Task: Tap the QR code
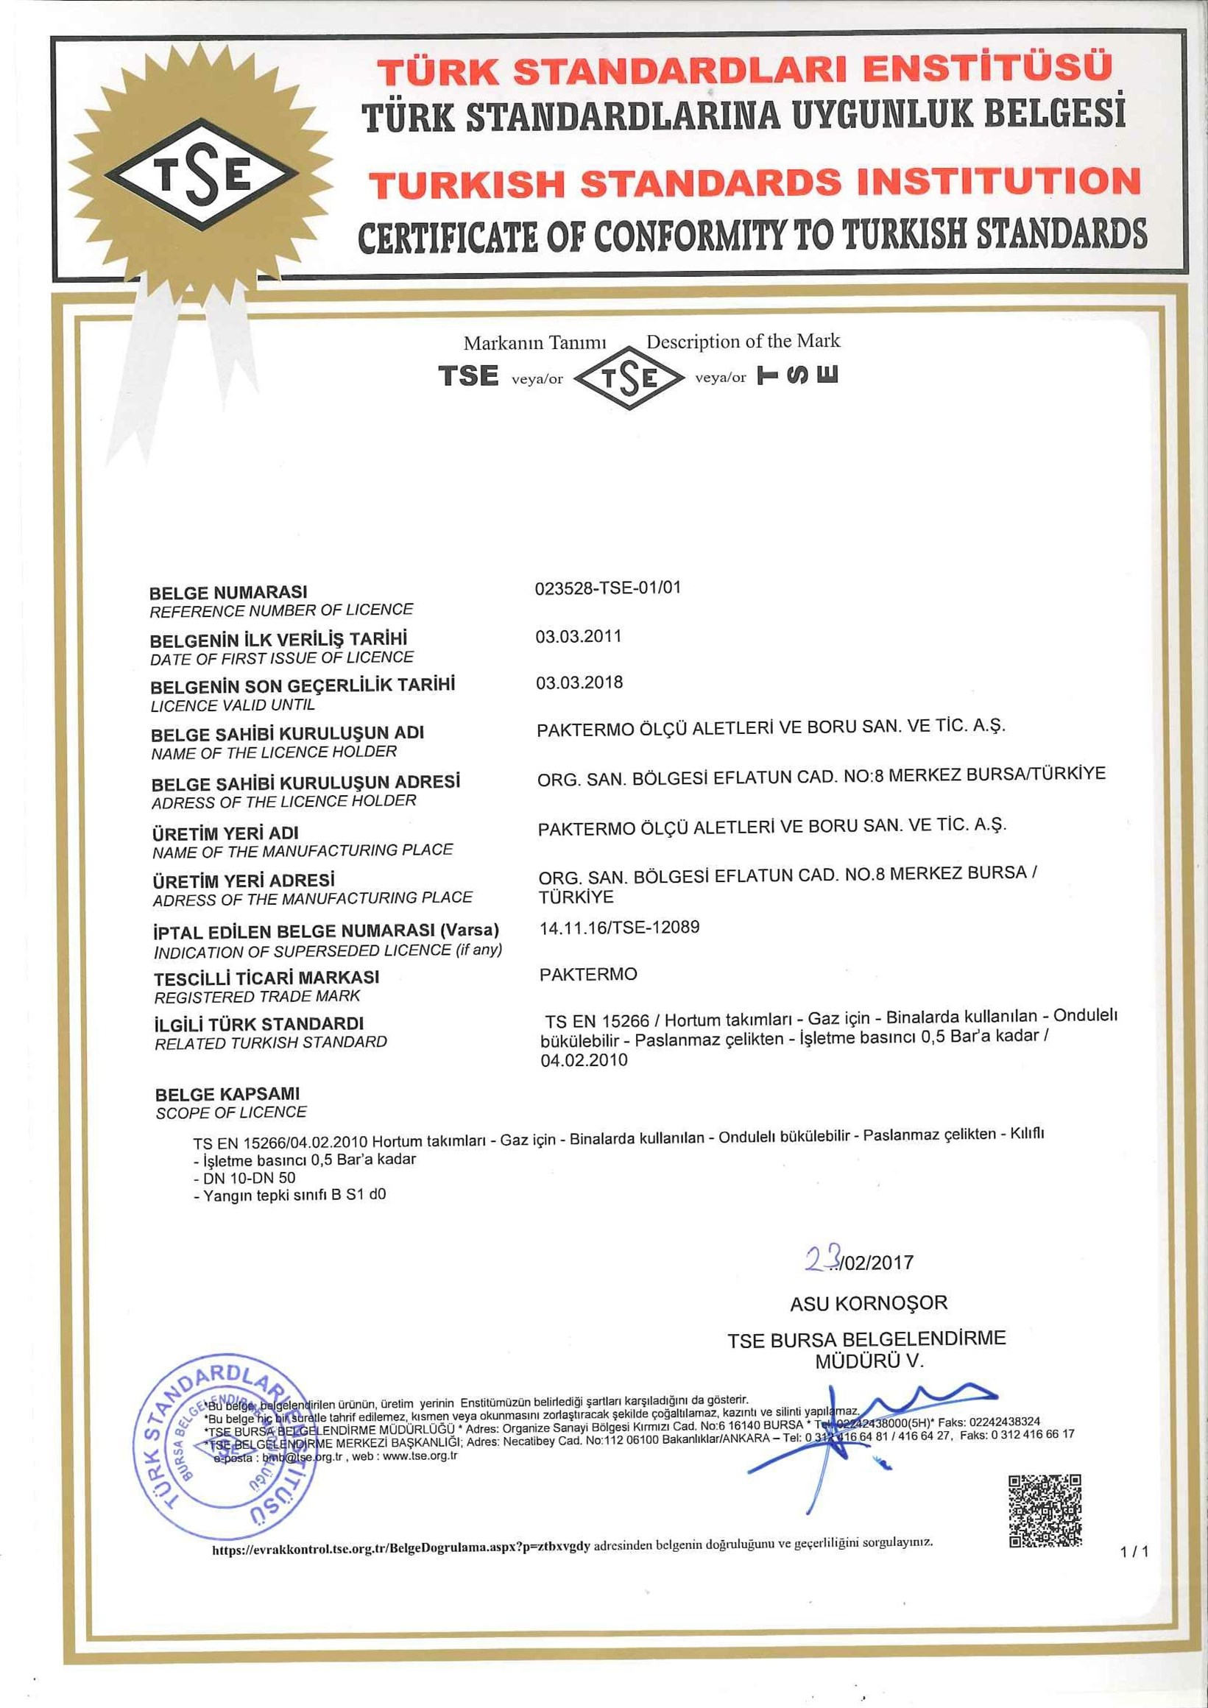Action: click(1045, 1510)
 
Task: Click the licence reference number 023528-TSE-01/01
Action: click(608, 587)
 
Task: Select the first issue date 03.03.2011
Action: click(578, 636)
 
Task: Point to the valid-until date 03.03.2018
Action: click(579, 682)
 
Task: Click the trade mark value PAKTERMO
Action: click(587, 974)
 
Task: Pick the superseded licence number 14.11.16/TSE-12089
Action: click(619, 927)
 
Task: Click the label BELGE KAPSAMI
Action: click(227, 1094)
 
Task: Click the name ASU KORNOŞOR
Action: click(869, 1303)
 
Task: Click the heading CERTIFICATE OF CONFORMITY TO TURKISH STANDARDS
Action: click(752, 234)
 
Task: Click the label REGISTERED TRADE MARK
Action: click(257, 996)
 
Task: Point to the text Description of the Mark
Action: click(742, 342)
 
